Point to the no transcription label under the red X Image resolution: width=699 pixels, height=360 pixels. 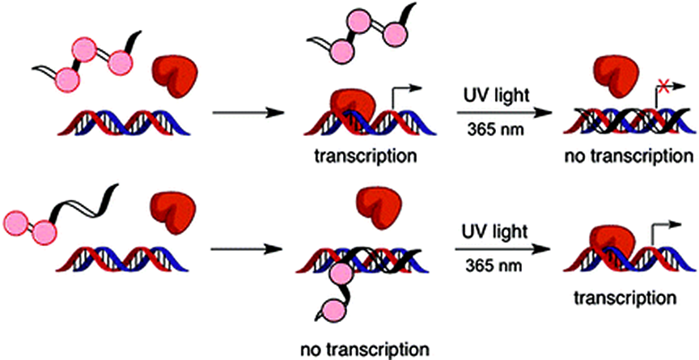[x=631, y=155]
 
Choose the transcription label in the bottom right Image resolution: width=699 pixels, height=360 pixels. [x=627, y=297]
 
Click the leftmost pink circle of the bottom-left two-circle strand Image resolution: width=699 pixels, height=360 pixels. [x=15, y=221]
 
